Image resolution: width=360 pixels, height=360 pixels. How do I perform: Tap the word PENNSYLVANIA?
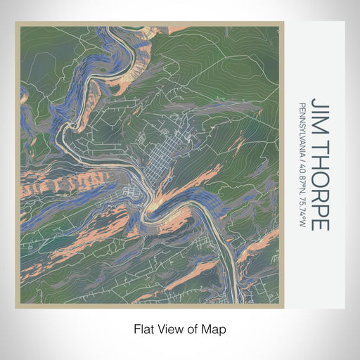[x=302, y=123]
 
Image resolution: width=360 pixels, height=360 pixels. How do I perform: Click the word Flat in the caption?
[x=143, y=328]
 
